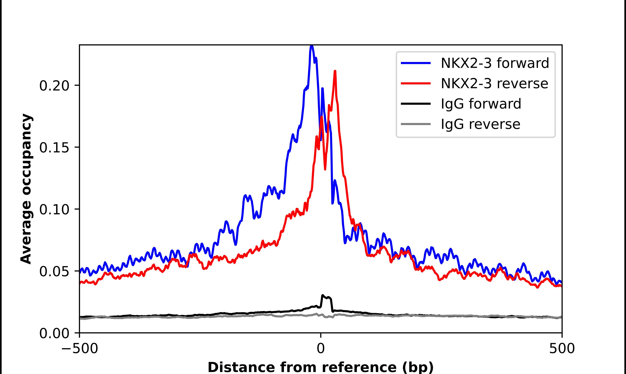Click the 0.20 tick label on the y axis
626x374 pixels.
click(54, 86)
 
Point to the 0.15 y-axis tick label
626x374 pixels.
click(54, 148)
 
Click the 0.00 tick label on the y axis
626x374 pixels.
click(54, 333)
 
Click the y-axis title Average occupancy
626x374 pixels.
click(26, 189)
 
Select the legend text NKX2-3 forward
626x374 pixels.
click(495, 63)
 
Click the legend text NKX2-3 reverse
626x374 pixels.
click(494, 83)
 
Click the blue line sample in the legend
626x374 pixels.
click(416, 63)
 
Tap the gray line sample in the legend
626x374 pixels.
click(416, 124)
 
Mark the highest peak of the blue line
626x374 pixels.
click(312, 46)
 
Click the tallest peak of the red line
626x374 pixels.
click(335, 71)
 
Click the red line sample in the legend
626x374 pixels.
click(416, 83)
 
